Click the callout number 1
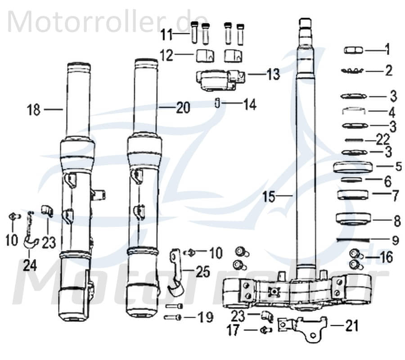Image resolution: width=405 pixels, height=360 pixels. (x=387, y=49)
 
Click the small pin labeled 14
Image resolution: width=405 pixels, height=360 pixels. (x=217, y=103)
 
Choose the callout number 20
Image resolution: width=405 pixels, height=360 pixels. (x=183, y=108)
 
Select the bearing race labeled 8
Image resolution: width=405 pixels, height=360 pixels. (x=354, y=219)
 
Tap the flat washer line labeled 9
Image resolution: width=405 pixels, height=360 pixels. (x=353, y=239)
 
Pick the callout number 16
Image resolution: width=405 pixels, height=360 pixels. (x=386, y=258)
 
